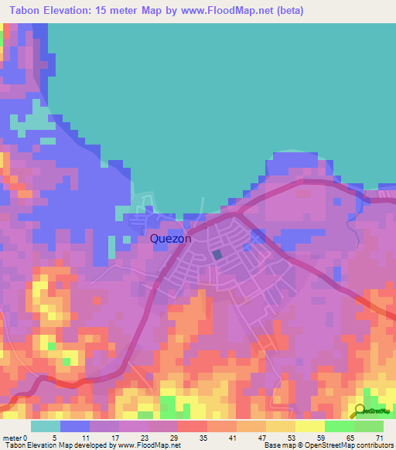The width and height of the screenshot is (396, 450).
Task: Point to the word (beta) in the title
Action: coord(285,11)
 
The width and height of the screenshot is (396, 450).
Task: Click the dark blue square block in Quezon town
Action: coord(217,254)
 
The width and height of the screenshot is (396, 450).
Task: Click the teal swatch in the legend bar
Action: coord(46,426)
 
